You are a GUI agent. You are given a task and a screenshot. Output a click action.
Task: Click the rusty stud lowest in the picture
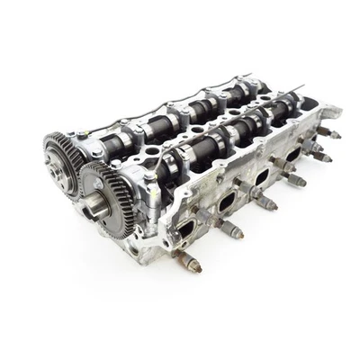(x=190, y=264)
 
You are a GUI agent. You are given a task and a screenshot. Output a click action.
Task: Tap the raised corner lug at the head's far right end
(x=329, y=113)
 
